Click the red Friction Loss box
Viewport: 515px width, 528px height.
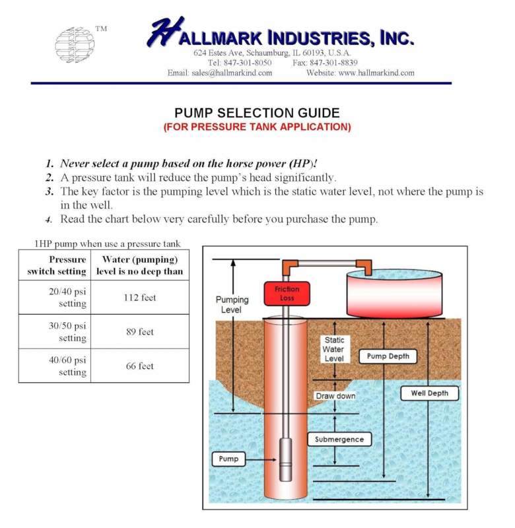(287, 294)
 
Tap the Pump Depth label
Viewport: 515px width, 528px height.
(388, 356)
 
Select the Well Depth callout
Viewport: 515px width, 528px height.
(429, 393)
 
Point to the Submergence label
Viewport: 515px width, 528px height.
(339, 440)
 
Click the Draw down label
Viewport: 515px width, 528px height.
(335, 396)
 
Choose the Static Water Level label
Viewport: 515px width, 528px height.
(334, 349)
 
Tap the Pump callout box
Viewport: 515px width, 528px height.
(228, 459)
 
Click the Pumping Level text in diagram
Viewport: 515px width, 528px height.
(232, 305)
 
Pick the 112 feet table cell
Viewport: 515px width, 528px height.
(140, 298)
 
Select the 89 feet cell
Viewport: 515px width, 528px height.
(140, 332)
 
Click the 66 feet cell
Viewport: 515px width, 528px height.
(140, 366)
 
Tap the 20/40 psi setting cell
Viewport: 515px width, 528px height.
(55, 298)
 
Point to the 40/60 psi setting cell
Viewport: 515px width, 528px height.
(55, 366)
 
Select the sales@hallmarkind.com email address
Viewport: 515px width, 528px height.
(232, 73)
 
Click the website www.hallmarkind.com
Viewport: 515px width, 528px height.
(376, 73)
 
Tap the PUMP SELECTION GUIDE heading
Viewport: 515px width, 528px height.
(257, 113)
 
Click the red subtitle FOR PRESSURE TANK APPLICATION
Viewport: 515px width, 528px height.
(257, 127)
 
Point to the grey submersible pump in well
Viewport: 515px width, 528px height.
(286, 459)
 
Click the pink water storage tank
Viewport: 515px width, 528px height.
(394, 294)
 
